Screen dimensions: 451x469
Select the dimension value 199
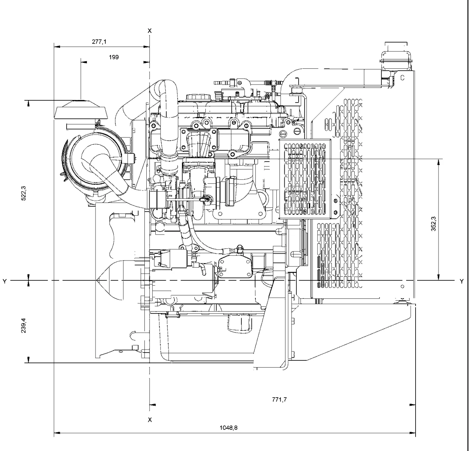coord(114,57)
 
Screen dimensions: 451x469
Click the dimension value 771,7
coord(279,400)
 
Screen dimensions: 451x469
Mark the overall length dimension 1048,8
coord(229,428)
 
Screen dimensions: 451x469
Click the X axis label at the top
coord(150,30)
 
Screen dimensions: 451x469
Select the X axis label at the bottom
coord(150,419)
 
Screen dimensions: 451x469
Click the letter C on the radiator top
coord(402,78)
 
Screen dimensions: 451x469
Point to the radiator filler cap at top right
coord(396,55)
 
